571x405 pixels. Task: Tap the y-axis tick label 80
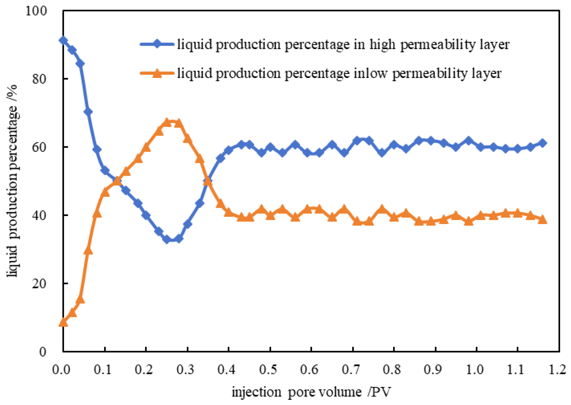[39, 79]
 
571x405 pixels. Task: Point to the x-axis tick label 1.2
[557, 370]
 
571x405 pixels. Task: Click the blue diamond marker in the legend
[157, 44]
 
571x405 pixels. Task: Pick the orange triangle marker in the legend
[157, 73]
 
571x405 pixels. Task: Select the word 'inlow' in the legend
[370, 74]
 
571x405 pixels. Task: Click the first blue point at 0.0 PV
[63, 40]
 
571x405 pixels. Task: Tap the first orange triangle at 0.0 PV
[63, 323]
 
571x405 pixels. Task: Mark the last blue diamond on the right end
[542, 143]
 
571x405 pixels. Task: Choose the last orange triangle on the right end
[542, 220]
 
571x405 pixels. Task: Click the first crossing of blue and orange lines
[117, 180]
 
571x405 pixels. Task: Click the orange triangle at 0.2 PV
[146, 148]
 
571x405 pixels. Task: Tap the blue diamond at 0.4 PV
[228, 150]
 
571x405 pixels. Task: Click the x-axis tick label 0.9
[433, 370]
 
